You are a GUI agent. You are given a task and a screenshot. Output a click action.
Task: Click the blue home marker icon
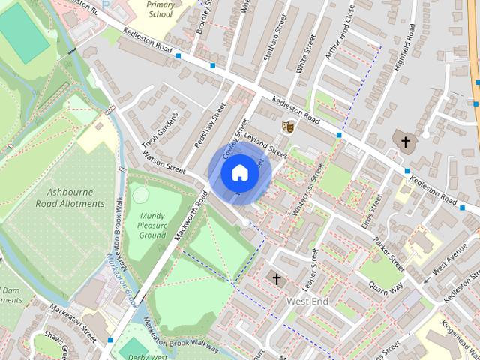pyautogui.click(x=239, y=172)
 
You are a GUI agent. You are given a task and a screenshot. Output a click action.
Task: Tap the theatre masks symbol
pyautogui.click(x=286, y=127)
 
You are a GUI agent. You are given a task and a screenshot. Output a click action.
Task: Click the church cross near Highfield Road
pyautogui.click(x=406, y=142)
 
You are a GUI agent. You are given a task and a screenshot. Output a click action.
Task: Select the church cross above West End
pyautogui.click(x=276, y=279)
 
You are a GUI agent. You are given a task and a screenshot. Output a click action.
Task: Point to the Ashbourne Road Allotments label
pyautogui.click(x=70, y=198)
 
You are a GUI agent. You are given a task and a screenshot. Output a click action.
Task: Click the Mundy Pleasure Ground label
pyautogui.click(x=152, y=225)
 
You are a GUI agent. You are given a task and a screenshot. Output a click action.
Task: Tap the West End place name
pyautogui.click(x=307, y=301)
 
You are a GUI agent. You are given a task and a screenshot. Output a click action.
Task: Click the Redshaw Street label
pyautogui.click(x=210, y=125)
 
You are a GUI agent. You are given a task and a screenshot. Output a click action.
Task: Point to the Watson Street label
pyautogui.click(x=163, y=164)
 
